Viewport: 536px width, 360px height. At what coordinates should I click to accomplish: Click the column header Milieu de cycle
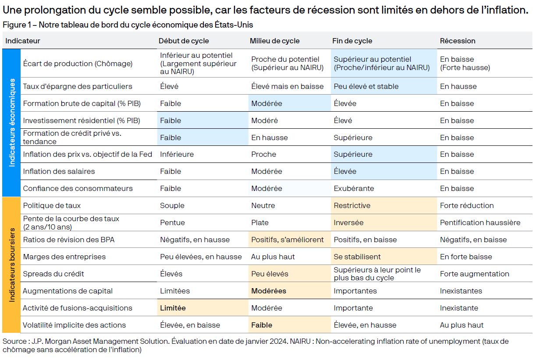click(274, 41)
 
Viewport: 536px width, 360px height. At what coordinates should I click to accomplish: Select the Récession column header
click(458, 41)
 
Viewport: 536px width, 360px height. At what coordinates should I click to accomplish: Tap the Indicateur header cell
click(22, 41)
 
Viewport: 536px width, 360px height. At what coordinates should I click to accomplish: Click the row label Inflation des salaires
click(59, 171)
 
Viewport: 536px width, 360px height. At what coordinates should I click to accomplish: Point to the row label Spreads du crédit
click(53, 274)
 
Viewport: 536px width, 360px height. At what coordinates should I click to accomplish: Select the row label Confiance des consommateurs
click(78, 188)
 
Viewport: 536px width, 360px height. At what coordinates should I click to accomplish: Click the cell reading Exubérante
click(354, 188)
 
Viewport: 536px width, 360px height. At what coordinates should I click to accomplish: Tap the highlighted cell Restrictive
click(352, 205)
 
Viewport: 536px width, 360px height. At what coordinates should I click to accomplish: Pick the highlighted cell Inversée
click(348, 222)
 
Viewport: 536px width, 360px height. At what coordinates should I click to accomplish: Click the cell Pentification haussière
click(480, 222)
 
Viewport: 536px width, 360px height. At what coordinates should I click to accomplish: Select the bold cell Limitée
click(173, 308)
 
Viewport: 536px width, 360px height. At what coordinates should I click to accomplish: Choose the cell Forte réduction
click(467, 205)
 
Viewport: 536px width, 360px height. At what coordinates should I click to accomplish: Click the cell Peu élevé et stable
click(366, 86)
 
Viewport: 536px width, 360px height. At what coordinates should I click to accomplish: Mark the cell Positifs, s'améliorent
click(287, 240)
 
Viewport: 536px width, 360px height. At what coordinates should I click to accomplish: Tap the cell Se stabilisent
click(357, 257)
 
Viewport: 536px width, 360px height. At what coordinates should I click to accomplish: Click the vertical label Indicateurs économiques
click(12, 122)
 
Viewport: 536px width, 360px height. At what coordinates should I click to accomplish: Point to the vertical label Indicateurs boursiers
click(12, 265)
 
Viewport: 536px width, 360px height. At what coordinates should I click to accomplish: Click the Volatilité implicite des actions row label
click(74, 325)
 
